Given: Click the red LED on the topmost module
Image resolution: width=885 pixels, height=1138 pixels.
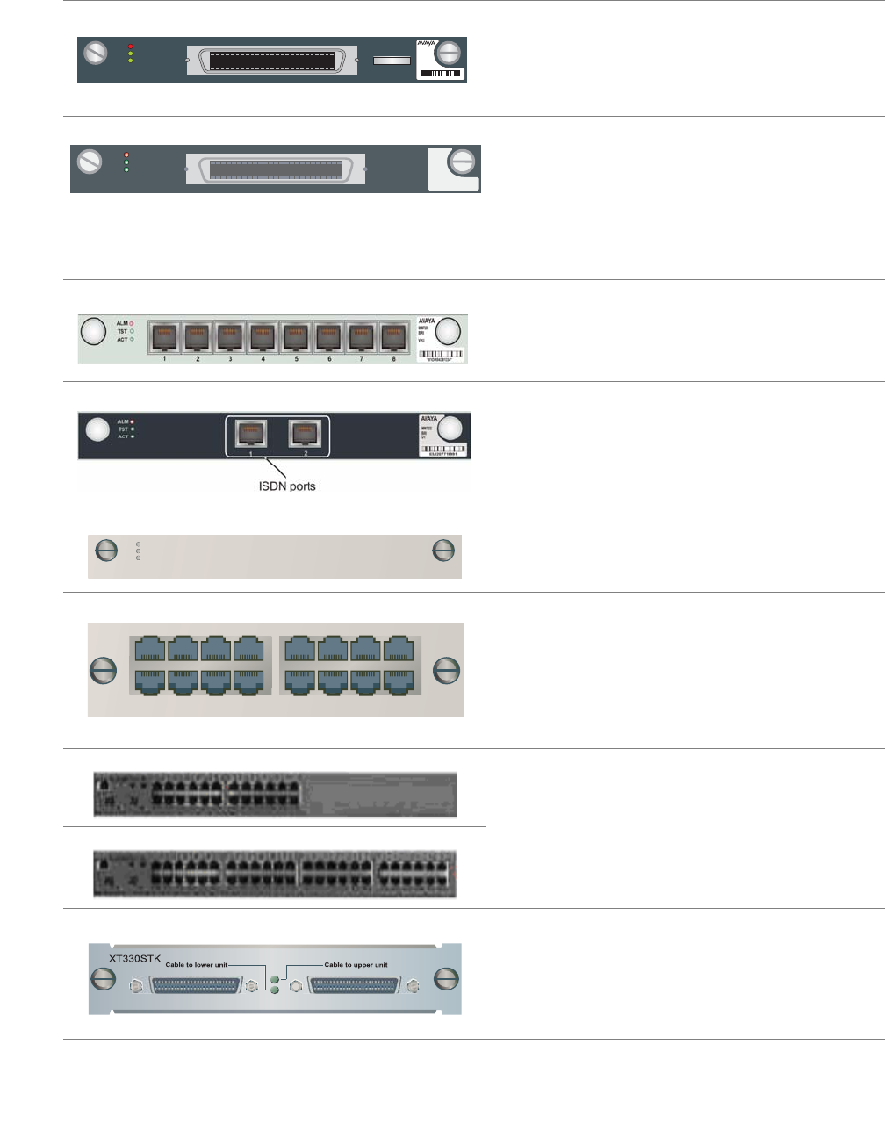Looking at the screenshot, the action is (130, 46).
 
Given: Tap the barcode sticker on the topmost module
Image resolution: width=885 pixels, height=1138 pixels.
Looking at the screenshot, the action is (441, 73).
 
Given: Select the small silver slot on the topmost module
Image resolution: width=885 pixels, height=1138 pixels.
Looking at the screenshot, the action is (392, 61).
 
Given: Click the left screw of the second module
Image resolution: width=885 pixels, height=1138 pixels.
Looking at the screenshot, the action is (90, 162).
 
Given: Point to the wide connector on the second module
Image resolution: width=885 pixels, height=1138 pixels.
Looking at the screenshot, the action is (276, 169).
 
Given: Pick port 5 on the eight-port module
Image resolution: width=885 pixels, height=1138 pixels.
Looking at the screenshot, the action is (296, 337).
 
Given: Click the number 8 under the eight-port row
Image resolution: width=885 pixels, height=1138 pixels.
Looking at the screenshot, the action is (393, 359).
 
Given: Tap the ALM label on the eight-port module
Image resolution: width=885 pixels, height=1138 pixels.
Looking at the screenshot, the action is (122, 323).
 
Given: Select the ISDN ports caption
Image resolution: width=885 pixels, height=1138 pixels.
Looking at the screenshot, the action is (287, 486).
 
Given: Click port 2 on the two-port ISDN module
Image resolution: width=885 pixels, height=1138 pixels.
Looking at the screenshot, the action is (306, 433).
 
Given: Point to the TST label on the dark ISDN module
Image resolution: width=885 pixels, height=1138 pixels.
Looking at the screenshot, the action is (123, 429).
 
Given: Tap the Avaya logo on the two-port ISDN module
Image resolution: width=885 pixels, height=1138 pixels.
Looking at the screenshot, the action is (428, 419).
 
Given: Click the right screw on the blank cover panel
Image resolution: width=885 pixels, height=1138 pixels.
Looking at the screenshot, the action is (443, 550).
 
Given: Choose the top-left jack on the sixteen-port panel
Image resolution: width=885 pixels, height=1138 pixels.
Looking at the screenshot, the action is (149, 649).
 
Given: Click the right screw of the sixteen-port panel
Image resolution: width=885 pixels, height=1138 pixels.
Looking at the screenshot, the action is (447, 671).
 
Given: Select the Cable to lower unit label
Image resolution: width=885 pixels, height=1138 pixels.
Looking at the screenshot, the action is (197, 965).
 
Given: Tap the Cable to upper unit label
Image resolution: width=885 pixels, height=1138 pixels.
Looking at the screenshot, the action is (356, 965).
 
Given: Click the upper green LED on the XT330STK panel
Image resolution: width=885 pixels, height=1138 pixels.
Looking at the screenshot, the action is (277, 978).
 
